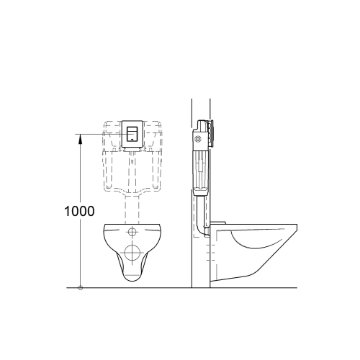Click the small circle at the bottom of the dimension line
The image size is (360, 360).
tap(81, 288)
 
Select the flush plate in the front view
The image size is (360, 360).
tap(132, 134)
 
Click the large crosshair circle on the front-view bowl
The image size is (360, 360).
tap(132, 252)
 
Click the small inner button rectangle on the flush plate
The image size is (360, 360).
tap(132, 133)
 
